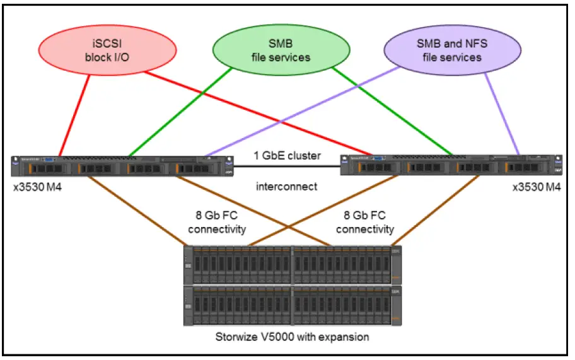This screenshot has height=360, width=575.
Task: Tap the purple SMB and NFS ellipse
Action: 448,50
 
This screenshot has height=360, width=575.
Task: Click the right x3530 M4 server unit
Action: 450,166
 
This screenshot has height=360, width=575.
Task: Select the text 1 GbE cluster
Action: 287,156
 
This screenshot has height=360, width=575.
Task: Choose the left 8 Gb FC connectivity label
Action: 217,223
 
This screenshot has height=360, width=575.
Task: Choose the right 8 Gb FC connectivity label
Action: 365,223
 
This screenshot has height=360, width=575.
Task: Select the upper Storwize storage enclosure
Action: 292,264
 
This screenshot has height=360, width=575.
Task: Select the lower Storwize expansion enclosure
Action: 292,305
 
